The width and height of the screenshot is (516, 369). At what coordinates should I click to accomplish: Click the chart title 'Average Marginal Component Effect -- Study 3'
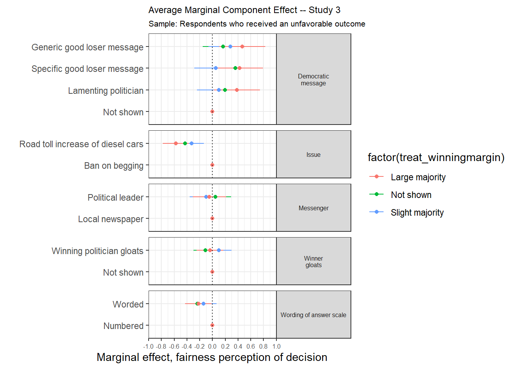pos(244,10)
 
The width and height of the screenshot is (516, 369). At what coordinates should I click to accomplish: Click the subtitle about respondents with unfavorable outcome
pos(257,24)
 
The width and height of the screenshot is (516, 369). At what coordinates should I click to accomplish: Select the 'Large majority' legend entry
pos(418,177)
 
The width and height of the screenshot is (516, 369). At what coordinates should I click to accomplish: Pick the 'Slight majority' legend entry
pos(417,213)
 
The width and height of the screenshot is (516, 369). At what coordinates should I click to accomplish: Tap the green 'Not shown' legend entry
pos(411,195)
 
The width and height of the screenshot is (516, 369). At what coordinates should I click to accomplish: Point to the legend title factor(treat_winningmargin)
pos(436,157)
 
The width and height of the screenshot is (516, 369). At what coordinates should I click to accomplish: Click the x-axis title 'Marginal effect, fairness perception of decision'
pos(212,357)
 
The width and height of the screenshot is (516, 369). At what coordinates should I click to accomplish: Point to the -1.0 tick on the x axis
pos(149,346)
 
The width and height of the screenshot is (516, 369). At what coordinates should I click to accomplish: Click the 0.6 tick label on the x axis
pos(251,346)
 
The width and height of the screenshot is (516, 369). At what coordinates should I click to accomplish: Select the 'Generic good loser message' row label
pos(88,47)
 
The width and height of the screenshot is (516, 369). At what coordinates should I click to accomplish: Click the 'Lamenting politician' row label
pos(106,91)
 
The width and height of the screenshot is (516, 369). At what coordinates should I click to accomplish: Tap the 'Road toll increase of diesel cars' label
pos(81,144)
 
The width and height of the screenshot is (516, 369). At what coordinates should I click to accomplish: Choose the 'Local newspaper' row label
pos(111,219)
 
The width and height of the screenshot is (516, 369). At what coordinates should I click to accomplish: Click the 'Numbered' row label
pos(123,326)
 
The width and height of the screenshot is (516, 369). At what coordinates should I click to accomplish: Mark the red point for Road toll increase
pos(176,143)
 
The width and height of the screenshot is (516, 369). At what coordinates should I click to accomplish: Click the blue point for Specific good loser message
pos(216,68)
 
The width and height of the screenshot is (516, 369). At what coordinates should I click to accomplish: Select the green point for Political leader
pos(215,197)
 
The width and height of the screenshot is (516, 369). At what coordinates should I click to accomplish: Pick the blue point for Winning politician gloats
pos(219,250)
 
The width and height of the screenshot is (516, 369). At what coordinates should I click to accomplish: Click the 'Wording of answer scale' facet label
pos(313,315)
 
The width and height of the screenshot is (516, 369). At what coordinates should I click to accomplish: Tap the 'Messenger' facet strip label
pos(314,208)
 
